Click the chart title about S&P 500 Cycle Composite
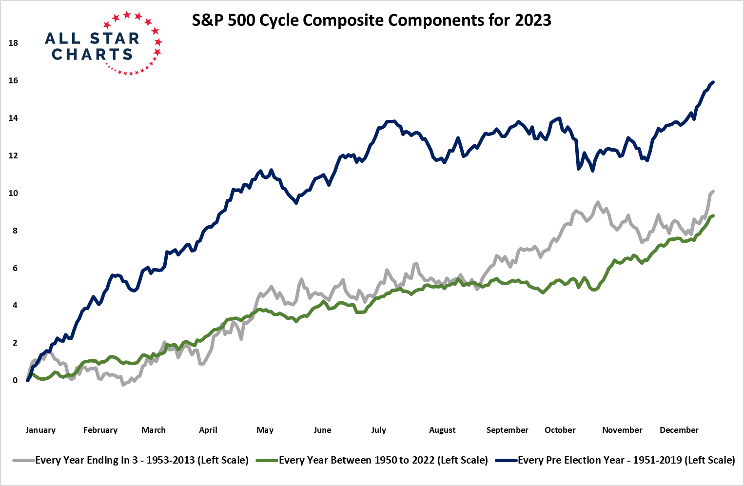372,20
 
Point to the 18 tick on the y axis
13,43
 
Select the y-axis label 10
13,193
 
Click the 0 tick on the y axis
15,380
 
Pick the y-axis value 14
13,118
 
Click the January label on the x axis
40,430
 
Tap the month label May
265,430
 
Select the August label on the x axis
442,430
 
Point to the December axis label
679,430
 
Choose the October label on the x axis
560,430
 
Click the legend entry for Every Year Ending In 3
142,460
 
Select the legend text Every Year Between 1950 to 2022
383,460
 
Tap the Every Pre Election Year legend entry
626,460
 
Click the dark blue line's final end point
713,82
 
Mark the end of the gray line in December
713,192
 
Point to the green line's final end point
713,215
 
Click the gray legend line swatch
24,460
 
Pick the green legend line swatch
267,460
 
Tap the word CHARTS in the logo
92,54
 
